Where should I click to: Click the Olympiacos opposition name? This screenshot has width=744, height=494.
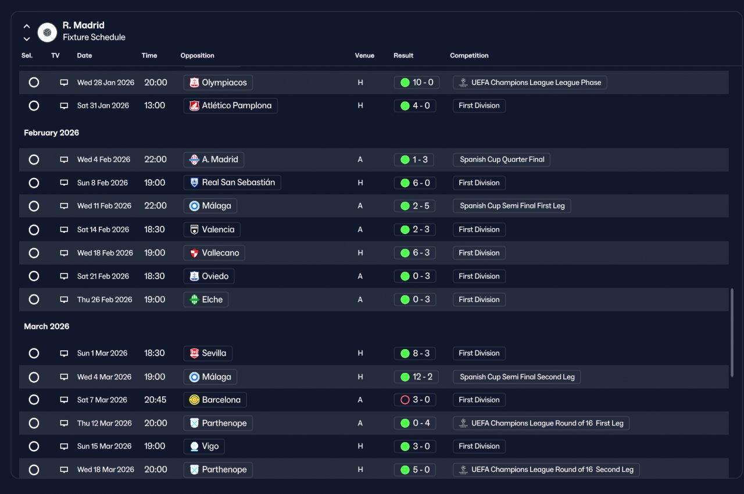tap(224, 83)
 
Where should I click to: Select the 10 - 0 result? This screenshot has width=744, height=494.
tap(423, 83)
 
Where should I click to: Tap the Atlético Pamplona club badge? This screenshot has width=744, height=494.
tap(194, 106)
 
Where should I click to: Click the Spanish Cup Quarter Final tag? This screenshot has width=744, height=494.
tap(502, 159)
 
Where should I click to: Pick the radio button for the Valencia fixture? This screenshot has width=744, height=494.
tap(34, 230)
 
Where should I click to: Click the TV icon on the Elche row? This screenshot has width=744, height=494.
tap(64, 300)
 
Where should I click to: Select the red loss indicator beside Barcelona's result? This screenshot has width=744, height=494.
tap(405, 400)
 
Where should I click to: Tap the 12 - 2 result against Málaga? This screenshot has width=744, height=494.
tap(423, 376)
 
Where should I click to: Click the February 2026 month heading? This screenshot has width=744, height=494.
tap(52, 133)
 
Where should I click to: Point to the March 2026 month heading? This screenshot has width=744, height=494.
tap(46, 326)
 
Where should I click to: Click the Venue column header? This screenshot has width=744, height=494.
tap(364, 55)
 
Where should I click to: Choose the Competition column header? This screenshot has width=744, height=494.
tap(469, 55)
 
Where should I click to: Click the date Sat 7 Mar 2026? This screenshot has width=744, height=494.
tap(102, 400)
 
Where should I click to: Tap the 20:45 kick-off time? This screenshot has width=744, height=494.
tap(155, 400)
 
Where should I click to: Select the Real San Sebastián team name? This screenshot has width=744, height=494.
tap(238, 183)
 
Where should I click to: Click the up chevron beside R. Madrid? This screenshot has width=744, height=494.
tap(27, 26)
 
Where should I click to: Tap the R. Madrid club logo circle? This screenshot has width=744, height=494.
tap(47, 32)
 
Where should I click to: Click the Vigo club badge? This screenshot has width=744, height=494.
tap(194, 446)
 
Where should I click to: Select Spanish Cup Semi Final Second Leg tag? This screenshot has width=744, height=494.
tap(517, 377)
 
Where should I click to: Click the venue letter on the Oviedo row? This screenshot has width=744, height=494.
tap(360, 276)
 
